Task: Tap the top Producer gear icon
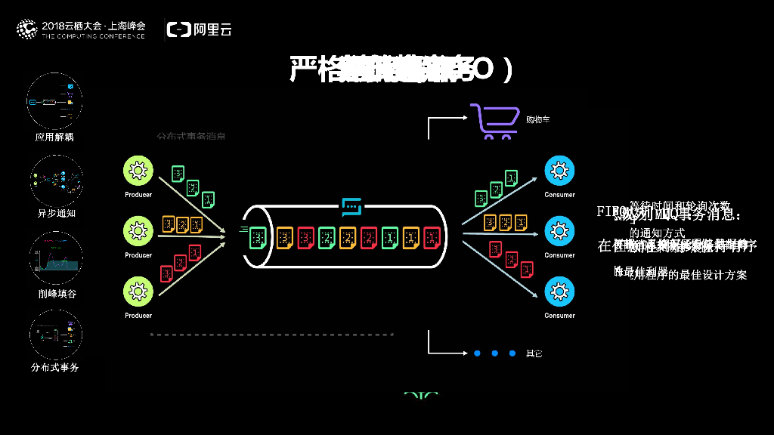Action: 138,171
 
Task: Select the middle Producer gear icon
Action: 138,230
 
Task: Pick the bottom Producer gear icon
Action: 138,291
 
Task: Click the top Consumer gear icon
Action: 559,171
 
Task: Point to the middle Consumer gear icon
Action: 559,230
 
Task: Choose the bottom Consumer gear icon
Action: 559,291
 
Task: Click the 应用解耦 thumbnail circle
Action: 54,100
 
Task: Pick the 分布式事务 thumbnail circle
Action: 55,335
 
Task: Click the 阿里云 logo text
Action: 212,29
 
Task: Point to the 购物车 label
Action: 537,119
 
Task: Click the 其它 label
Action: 534,353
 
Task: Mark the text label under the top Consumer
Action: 559,195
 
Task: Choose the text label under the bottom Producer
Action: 138,316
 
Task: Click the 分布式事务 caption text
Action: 55,368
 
